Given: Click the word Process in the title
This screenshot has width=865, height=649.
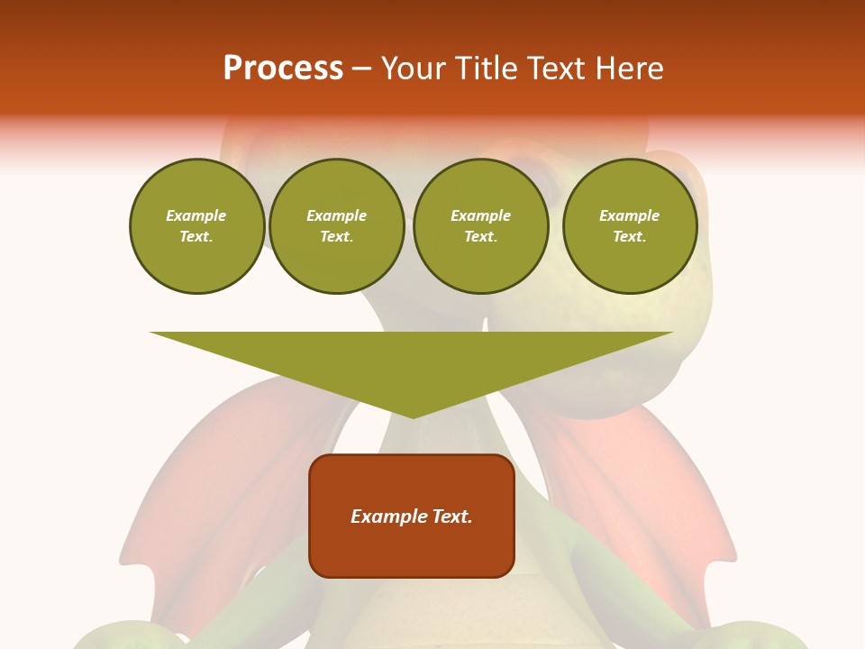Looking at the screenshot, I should point(283,68).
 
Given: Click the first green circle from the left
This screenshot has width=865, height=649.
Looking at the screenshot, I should point(197,226).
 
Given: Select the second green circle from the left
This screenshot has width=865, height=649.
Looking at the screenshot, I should point(337,226).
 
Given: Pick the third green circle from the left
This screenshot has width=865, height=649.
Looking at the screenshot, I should point(481,226).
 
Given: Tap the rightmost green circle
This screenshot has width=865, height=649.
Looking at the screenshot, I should point(630,226).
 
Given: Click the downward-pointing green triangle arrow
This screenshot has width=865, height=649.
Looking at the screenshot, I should point(412,361).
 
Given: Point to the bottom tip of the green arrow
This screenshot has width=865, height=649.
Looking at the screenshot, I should point(413,416).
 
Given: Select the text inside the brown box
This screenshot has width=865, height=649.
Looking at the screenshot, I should point(412,516).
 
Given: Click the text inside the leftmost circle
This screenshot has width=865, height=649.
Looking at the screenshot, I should point(196,226).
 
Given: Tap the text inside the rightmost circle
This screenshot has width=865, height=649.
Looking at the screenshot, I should point(630,226).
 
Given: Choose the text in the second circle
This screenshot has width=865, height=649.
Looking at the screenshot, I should point(337,226).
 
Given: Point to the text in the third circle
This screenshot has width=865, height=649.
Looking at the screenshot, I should point(481,226).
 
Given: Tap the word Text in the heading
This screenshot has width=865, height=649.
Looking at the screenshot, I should point(560,68).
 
